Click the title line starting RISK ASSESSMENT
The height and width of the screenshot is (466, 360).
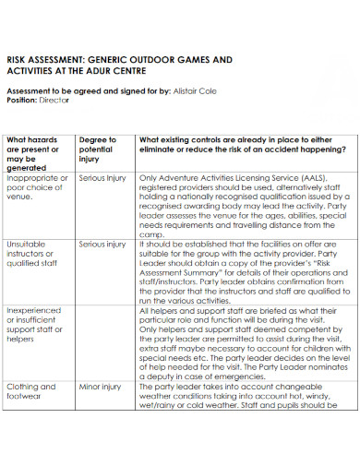pos(119,59)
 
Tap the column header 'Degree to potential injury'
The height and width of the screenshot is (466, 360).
pos(97,149)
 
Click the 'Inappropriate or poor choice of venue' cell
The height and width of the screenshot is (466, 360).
pos(36,185)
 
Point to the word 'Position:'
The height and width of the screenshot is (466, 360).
pos(23,101)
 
